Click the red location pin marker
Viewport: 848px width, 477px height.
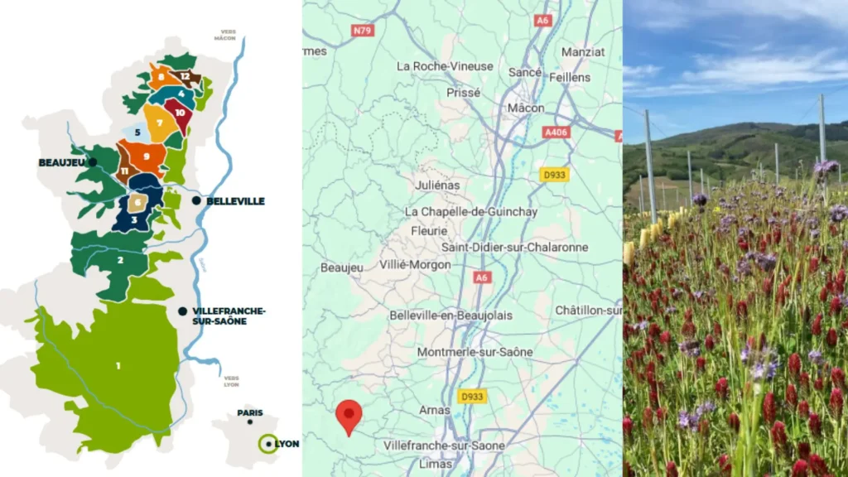click(349, 414)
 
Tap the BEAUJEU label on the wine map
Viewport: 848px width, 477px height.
click(62, 162)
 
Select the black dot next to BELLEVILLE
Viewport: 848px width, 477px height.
click(196, 200)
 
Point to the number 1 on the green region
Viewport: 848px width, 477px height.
click(118, 365)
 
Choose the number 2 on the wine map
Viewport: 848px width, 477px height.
click(120, 260)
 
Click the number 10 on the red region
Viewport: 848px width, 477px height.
click(179, 113)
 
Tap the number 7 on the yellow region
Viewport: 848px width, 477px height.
click(158, 123)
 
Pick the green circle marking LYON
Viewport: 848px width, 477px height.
click(267, 444)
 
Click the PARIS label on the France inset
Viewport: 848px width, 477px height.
click(250, 412)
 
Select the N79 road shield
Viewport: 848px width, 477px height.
click(361, 31)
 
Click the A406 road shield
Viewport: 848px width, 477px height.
click(556, 132)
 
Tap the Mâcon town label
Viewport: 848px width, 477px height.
click(526, 108)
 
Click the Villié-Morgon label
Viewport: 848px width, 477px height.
click(415, 265)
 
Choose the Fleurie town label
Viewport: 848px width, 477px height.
click(429, 231)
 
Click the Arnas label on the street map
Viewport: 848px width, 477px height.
click(434, 410)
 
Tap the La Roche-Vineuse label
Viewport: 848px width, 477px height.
click(445, 65)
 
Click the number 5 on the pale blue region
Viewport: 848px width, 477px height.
click(137, 132)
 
